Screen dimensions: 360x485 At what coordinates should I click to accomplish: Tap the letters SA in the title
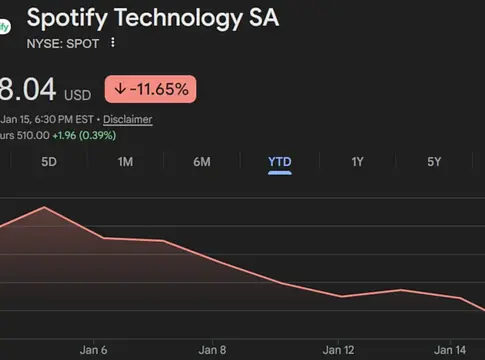tap(263, 18)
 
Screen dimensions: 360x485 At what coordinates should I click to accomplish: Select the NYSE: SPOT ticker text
tap(63, 43)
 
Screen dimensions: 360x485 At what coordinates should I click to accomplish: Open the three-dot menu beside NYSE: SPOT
tap(113, 43)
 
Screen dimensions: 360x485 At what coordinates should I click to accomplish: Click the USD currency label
tap(78, 95)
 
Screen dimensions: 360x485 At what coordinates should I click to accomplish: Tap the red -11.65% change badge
tap(151, 89)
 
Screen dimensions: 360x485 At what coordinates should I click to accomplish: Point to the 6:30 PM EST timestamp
tap(60, 119)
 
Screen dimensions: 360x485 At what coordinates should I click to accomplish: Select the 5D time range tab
tap(49, 161)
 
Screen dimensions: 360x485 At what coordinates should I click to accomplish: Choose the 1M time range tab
tap(125, 161)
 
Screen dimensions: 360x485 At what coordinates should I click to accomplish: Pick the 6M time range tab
tap(201, 161)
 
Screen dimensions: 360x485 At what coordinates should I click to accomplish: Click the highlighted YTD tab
tap(279, 161)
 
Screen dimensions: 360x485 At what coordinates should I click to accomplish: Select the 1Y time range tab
tap(357, 161)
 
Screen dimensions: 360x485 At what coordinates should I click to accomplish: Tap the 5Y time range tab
tap(434, 161)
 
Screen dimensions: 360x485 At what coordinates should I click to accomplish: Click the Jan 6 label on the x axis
tap(94, 350)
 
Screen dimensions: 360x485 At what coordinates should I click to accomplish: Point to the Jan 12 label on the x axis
tap(338, 350)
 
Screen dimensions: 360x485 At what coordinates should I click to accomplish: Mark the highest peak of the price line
tap(45, 208)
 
